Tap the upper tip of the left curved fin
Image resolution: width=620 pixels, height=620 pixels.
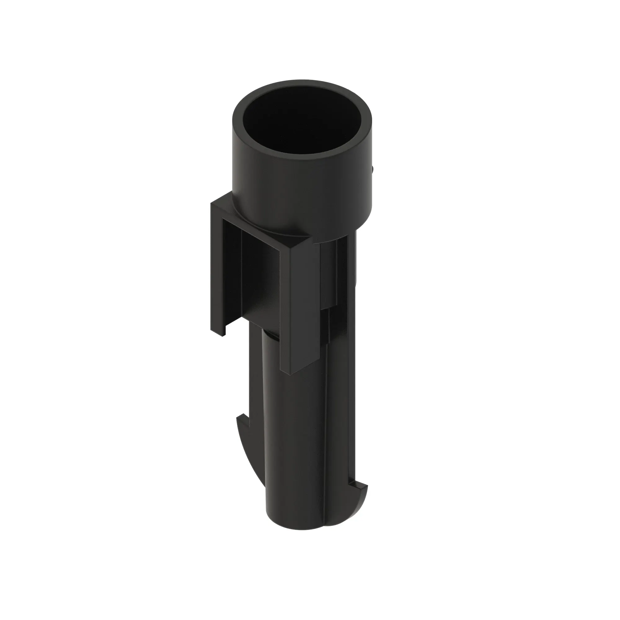pyautogui.click(x=239, y=417)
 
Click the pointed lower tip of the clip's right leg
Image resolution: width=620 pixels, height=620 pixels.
pyautogui.click(x=290, y=372)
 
